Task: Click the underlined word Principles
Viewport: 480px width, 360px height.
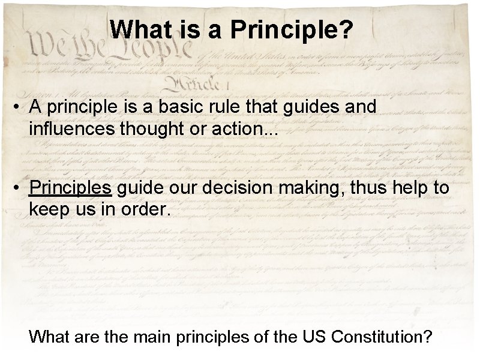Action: pyautogui.click(x=70, y=188)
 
